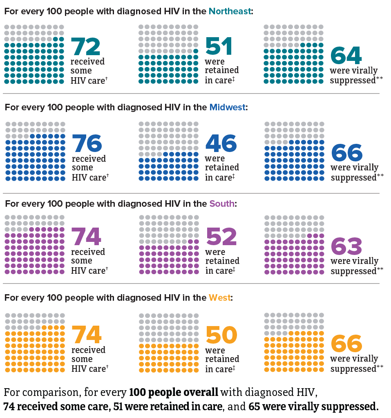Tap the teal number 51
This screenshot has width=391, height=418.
coord(219,46)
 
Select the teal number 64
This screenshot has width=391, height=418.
coord(346,56)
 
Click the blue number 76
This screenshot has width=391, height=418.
coord(87,143)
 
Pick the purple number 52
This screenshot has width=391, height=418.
coord(221,237)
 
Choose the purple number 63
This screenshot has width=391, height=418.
coord(346,246)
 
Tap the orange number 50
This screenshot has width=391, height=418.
coord(221,335)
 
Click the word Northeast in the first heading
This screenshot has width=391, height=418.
coord(230,11)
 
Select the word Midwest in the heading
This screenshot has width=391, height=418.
coord(227,107)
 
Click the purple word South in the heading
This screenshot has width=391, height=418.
coord(222,203)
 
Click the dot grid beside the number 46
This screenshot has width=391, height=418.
coord(168,151)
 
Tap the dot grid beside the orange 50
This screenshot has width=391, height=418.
coord(169,343)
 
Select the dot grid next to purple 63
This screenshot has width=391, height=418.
coord(294,245)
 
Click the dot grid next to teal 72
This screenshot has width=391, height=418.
coord(34,54)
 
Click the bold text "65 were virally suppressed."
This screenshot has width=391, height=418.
coord(313,407)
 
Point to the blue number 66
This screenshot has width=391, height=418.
coord(347,152)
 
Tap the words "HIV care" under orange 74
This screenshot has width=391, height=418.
coord(88,369)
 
